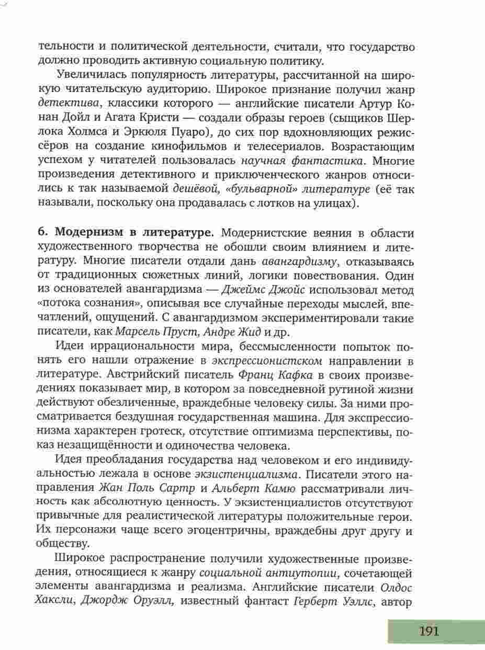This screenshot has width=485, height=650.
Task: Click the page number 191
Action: (x=429, y=631)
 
